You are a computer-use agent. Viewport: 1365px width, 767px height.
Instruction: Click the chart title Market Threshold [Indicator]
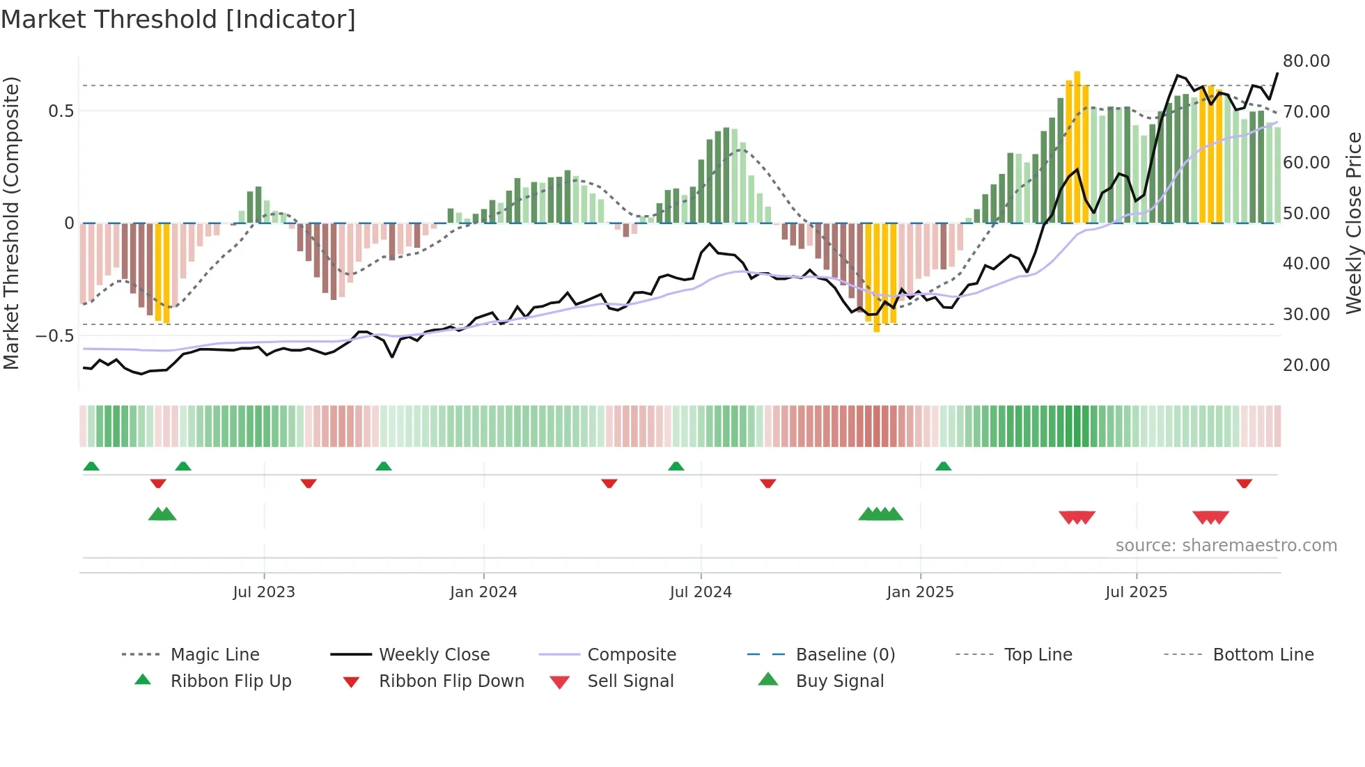pyautogui.click(x=178, y=19)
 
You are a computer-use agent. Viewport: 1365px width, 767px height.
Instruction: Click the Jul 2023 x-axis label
pyautogui.click(x=264, y=592)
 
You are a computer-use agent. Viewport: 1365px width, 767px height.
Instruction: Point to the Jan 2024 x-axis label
pyautogui.click(x=483, y=592)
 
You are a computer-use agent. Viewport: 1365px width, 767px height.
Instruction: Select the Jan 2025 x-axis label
pyautogui.click(x=920, y=592)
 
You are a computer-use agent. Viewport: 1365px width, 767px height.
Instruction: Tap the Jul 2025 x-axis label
pyautogui.click(x=1136, y=592)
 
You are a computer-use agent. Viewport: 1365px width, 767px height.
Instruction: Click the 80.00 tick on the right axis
pyautogui.click(x=1306, y=61)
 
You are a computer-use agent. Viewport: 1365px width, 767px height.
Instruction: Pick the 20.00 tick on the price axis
pyautogui.click(x=1306, y=365)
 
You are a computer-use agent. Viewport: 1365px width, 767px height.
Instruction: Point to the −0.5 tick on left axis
pyautogui.click(x=55, y=336)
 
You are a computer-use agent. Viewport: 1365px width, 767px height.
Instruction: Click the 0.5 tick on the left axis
pyautogui.click(x=61, y=111)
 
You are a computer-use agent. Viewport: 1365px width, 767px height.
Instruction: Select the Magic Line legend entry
pyautogui.click(x=214, y=655)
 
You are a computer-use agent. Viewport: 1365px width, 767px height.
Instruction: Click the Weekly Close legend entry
pyautogui.click(x=434, y=655)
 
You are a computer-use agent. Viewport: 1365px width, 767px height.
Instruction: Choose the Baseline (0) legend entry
pyautogui.click(x=845, y=655)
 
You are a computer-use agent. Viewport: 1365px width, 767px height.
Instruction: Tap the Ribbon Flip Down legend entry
pyautogui.click(x=451, y=681)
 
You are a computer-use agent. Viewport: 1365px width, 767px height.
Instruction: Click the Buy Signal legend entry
pyautogui.click(x=839, y=681)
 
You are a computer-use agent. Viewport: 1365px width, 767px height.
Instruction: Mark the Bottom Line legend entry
pyautogui.click(x=1263, y=655)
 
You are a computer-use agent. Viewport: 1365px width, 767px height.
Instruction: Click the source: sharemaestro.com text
pyautogui.click(x=1226, y=546)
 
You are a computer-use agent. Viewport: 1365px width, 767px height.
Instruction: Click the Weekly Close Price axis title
pyautogui.click(x=1353, y=223)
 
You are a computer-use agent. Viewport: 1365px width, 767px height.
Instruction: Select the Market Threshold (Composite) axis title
pyautogui.click(x=11, y=223)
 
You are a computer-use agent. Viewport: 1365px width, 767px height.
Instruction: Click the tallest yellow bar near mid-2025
pyautogui.click(x=1077, y=146)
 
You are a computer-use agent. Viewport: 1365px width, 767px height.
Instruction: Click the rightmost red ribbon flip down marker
pyautogui.click(x=1244, y=483)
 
